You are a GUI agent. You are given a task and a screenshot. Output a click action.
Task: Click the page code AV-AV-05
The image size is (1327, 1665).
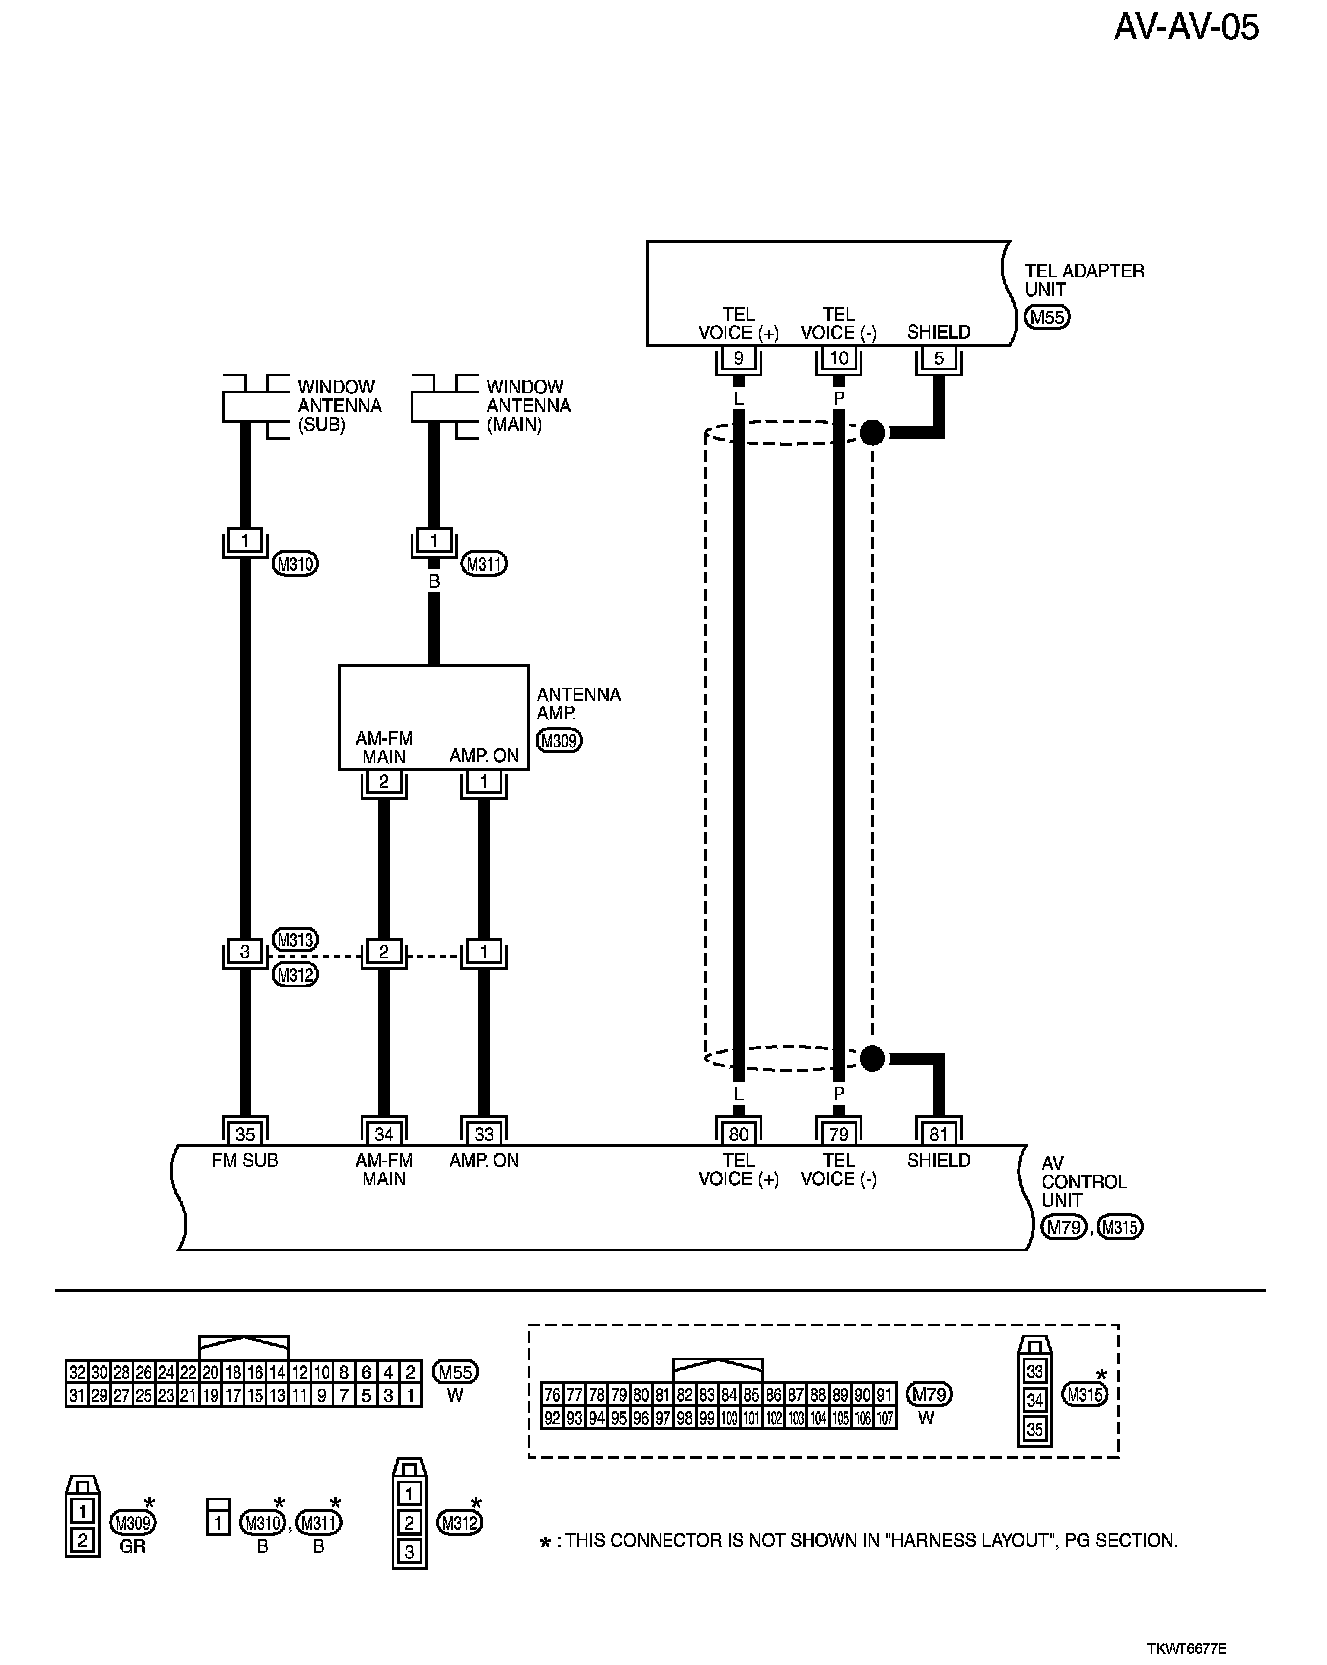pos(1186,27)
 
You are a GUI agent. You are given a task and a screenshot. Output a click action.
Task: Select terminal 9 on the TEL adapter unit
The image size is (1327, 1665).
pos(738,359)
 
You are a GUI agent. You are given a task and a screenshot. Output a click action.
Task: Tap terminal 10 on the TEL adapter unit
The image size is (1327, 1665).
pos(838,359)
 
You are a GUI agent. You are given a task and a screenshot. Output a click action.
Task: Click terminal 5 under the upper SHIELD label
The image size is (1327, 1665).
pos(938,359)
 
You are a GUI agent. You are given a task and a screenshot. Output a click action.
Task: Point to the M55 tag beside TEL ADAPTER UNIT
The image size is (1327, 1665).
pos(1046,318)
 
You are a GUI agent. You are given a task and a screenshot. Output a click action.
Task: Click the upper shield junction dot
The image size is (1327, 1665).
pos(872,432)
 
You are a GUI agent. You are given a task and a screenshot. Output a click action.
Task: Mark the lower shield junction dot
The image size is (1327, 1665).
pos(872,1058)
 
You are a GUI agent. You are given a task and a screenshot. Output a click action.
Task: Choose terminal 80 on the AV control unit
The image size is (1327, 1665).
pos(738,1133)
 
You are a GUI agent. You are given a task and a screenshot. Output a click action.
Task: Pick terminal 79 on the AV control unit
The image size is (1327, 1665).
pos(838,1133)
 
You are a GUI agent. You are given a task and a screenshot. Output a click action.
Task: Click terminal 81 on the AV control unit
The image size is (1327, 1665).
pos(938,1133)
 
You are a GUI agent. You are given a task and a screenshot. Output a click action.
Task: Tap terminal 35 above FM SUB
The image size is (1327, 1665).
pos(245,1133)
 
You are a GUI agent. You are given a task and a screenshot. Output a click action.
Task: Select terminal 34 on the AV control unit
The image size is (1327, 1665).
pos(383,1133)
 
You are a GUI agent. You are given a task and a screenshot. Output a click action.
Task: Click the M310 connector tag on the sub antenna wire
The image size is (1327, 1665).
pos(295,564)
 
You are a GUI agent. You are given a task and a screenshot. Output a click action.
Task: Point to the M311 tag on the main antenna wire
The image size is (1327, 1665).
pos(484,564)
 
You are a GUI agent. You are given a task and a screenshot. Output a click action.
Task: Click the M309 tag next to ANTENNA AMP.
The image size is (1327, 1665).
pos(559,741)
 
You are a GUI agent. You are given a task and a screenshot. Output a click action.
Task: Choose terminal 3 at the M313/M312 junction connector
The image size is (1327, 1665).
pos(245,952)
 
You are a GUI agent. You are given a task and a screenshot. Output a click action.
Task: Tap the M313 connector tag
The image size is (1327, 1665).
pos(295,939)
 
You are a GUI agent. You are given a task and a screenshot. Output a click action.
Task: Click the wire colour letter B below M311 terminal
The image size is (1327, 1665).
pos(434,580)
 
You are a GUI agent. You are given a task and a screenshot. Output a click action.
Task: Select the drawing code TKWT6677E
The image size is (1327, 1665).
pos(1186,1648)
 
